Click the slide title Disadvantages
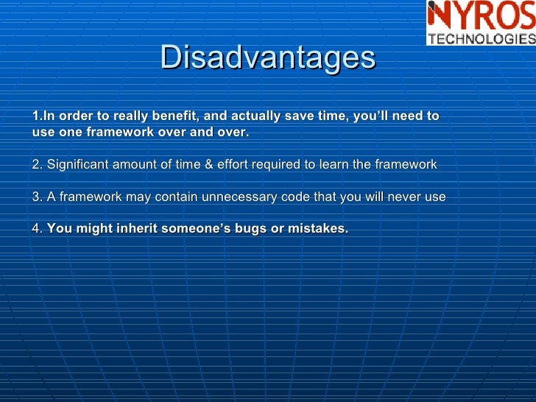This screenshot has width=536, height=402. tap(268, 57)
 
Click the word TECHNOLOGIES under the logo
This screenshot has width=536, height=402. tap(481, 39)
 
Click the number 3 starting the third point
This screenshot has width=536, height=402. tap(36, 197)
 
